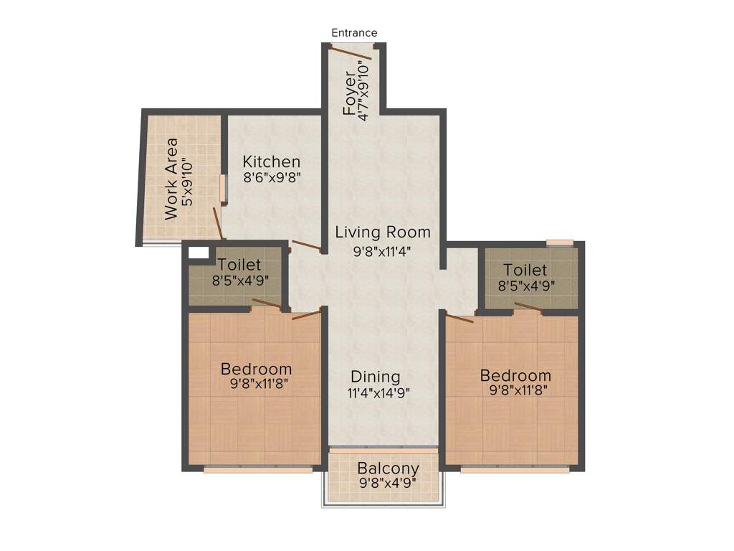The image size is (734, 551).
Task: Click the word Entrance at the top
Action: click(354, 33)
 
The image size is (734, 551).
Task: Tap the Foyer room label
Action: click(349, 93)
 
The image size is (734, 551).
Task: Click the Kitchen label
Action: click(271, 161)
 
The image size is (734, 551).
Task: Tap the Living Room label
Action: click(383, 232)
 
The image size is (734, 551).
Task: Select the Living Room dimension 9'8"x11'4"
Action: click(383, 251)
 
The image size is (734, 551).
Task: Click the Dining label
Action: click(375, 377)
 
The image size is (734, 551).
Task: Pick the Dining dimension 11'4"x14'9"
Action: click(379, 393)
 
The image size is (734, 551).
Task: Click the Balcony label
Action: click(388, 469)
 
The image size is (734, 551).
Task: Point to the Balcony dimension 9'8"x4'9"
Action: click(388, 484)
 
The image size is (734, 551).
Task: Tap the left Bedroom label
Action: click(256, 369)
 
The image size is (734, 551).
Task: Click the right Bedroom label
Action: click(515, 376)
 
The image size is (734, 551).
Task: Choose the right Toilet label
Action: click(525, 270)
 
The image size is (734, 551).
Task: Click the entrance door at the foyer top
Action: click(351, 53)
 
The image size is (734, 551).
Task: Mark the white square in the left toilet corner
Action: click(199, 253)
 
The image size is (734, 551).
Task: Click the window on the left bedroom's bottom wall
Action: click(258, 470)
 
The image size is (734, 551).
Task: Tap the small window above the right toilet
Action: click(559, 242)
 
